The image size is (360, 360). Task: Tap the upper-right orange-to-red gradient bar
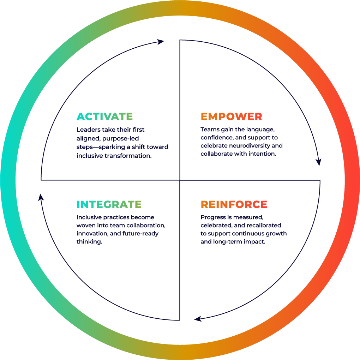(x=247, y=119)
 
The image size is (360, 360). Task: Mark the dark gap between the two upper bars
(x=191, y=119)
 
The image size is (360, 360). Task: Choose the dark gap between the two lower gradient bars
(x=191, y=207)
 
